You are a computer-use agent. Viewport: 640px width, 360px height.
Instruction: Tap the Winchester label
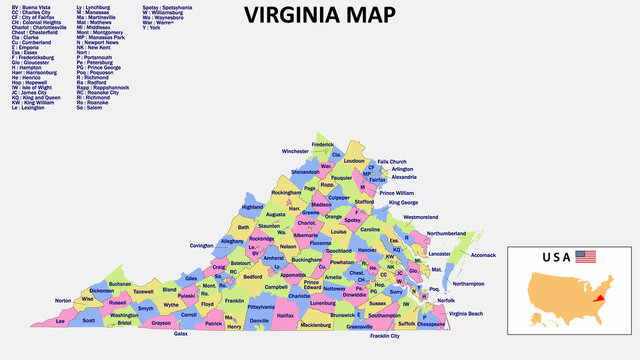tap(295, 151)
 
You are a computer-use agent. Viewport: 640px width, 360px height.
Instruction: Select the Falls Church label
tap(392, 161)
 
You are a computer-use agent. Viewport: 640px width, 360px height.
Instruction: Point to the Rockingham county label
tap(286, 192)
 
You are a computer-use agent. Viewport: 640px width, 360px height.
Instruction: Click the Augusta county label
tap(276, 214)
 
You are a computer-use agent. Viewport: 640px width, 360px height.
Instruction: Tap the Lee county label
tap(60, 322)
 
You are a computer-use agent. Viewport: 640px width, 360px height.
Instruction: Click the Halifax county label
tap(286, 315)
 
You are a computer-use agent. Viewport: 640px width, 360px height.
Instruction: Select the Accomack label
tap(483, 255)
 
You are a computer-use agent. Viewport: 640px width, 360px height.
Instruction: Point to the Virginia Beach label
tap(464, 314)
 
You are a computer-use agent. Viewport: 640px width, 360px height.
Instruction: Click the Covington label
tap(202, 245)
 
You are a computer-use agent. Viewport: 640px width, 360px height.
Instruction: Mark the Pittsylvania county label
tap(261, 307)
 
